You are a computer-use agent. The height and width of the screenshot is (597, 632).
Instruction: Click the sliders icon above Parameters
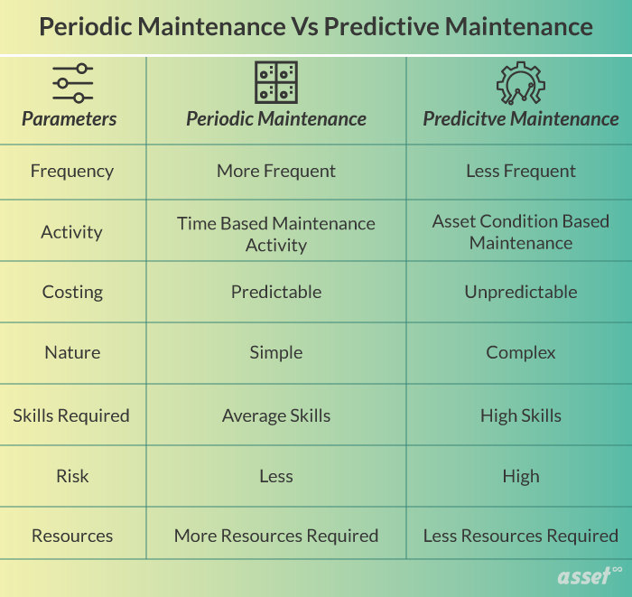(x=72, y=84)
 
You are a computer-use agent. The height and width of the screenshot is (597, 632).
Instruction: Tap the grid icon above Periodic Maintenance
(x=275, y=82)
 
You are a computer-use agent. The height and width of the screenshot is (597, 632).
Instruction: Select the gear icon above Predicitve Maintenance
(x=520, y=82)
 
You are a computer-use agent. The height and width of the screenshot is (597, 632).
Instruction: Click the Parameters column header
(x=70, y=119)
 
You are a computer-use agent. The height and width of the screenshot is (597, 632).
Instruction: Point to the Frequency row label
(x=72, y=171)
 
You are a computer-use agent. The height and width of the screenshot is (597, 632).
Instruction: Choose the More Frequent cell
(x=275, y=171)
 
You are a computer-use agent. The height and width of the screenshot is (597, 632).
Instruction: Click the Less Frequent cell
(x=520, y=171)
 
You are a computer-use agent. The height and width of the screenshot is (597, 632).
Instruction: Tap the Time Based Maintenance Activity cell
(x=275, y=234)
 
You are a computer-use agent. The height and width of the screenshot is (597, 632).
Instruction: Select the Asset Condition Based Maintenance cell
(x=520, y=231)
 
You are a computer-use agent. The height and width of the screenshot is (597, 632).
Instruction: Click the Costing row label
(x=72, y=292)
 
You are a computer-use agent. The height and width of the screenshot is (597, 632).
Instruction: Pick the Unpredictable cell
(x=520, y=292)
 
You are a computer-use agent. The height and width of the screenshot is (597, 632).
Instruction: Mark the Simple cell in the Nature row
(x=275, y=352)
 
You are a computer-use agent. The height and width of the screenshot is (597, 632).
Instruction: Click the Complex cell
(x=520, y=352)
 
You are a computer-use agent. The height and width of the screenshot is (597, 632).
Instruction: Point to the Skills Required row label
(x=71, y=415)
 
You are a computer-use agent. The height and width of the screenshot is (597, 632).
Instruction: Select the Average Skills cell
(x=275, y=415)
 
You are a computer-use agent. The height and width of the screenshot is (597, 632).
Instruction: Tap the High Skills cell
(x=520, y=415)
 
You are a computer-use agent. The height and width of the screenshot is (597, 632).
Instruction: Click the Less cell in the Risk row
(x=275, y=476)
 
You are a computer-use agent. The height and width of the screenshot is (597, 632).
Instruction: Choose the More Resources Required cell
(x=275, y=536)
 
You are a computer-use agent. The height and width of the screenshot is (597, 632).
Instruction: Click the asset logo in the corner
(x=588, y=578)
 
